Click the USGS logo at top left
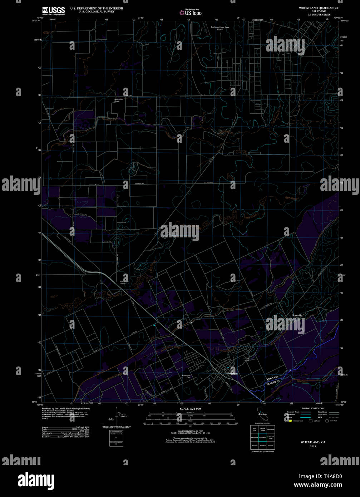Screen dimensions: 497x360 click(x=54, y=10)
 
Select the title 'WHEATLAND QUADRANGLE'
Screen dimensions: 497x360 click(x=320, y=8)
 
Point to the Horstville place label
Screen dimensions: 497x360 click(x=297, y=315)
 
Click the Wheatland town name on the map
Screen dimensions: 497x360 click(x=232, y=373)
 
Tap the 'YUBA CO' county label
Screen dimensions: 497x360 click(x=272, y=378)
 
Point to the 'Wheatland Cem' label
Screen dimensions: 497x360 click(x=186, y=376)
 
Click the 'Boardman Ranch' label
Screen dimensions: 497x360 click(x=119, y=100)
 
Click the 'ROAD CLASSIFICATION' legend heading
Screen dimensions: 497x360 click(x=313, y=408)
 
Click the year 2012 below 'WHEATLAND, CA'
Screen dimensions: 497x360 click(x=313, y=446)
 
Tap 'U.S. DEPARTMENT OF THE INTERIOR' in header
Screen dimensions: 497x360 click(x=97, y=8)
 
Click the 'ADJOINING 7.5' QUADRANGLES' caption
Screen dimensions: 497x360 click(x=263, y=452)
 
